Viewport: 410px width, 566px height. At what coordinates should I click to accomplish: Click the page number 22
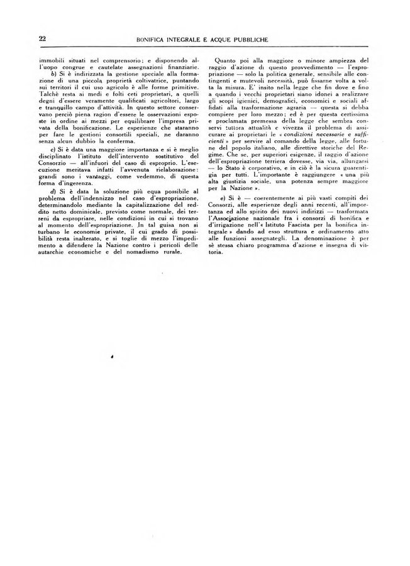point(42,38)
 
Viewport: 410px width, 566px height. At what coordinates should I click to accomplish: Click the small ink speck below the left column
point(112,355)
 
